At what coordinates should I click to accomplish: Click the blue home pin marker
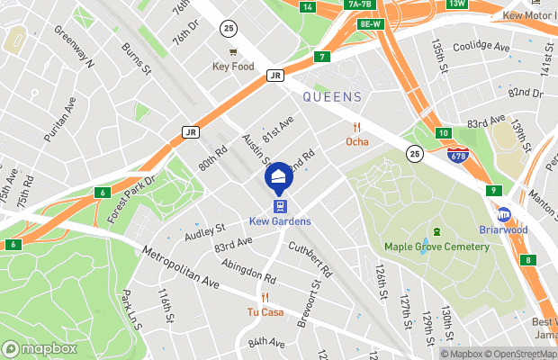tap(279, 177)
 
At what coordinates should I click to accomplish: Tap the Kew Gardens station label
tap(280, 221)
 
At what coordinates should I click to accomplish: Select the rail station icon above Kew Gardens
tap(280, 205)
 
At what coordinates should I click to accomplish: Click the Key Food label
tap(233, 67)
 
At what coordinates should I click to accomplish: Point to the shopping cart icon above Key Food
tap(233, 51)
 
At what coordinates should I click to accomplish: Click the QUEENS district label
tap(332, 96)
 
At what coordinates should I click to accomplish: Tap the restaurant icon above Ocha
tap(357, 127)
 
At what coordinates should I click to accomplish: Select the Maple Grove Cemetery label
tap(436, 247)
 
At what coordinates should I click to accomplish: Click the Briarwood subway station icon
tap(504, 213)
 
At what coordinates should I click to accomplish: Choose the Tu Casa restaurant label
tap(265, 312)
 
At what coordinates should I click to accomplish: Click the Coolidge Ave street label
tap(481, 47)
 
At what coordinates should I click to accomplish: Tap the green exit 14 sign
tap(308, 7)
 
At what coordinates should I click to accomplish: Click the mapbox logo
tap(40, 348)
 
